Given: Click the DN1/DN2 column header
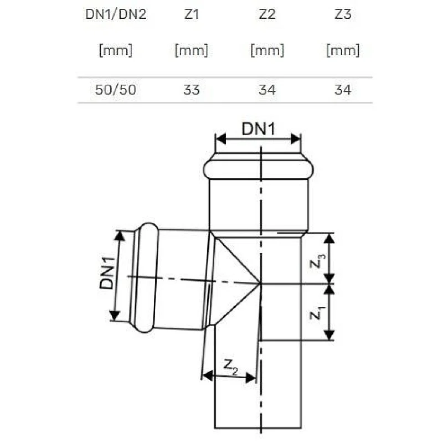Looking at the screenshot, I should (116, 14).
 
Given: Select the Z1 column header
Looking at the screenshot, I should (191, 14).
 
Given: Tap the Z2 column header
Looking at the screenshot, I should (267, 14).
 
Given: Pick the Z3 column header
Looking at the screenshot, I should (343, 14).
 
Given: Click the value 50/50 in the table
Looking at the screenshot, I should (116, 90).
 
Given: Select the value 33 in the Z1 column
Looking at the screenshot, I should (191, 90).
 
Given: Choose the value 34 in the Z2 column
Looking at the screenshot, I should (267, 90).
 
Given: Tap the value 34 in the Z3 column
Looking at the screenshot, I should (343, 90).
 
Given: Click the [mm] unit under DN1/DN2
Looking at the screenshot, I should (116, 51).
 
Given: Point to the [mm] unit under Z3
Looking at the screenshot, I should (343, 51).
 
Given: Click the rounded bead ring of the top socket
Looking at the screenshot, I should (258, 168).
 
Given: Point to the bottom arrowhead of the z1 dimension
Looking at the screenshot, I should (329, 336).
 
